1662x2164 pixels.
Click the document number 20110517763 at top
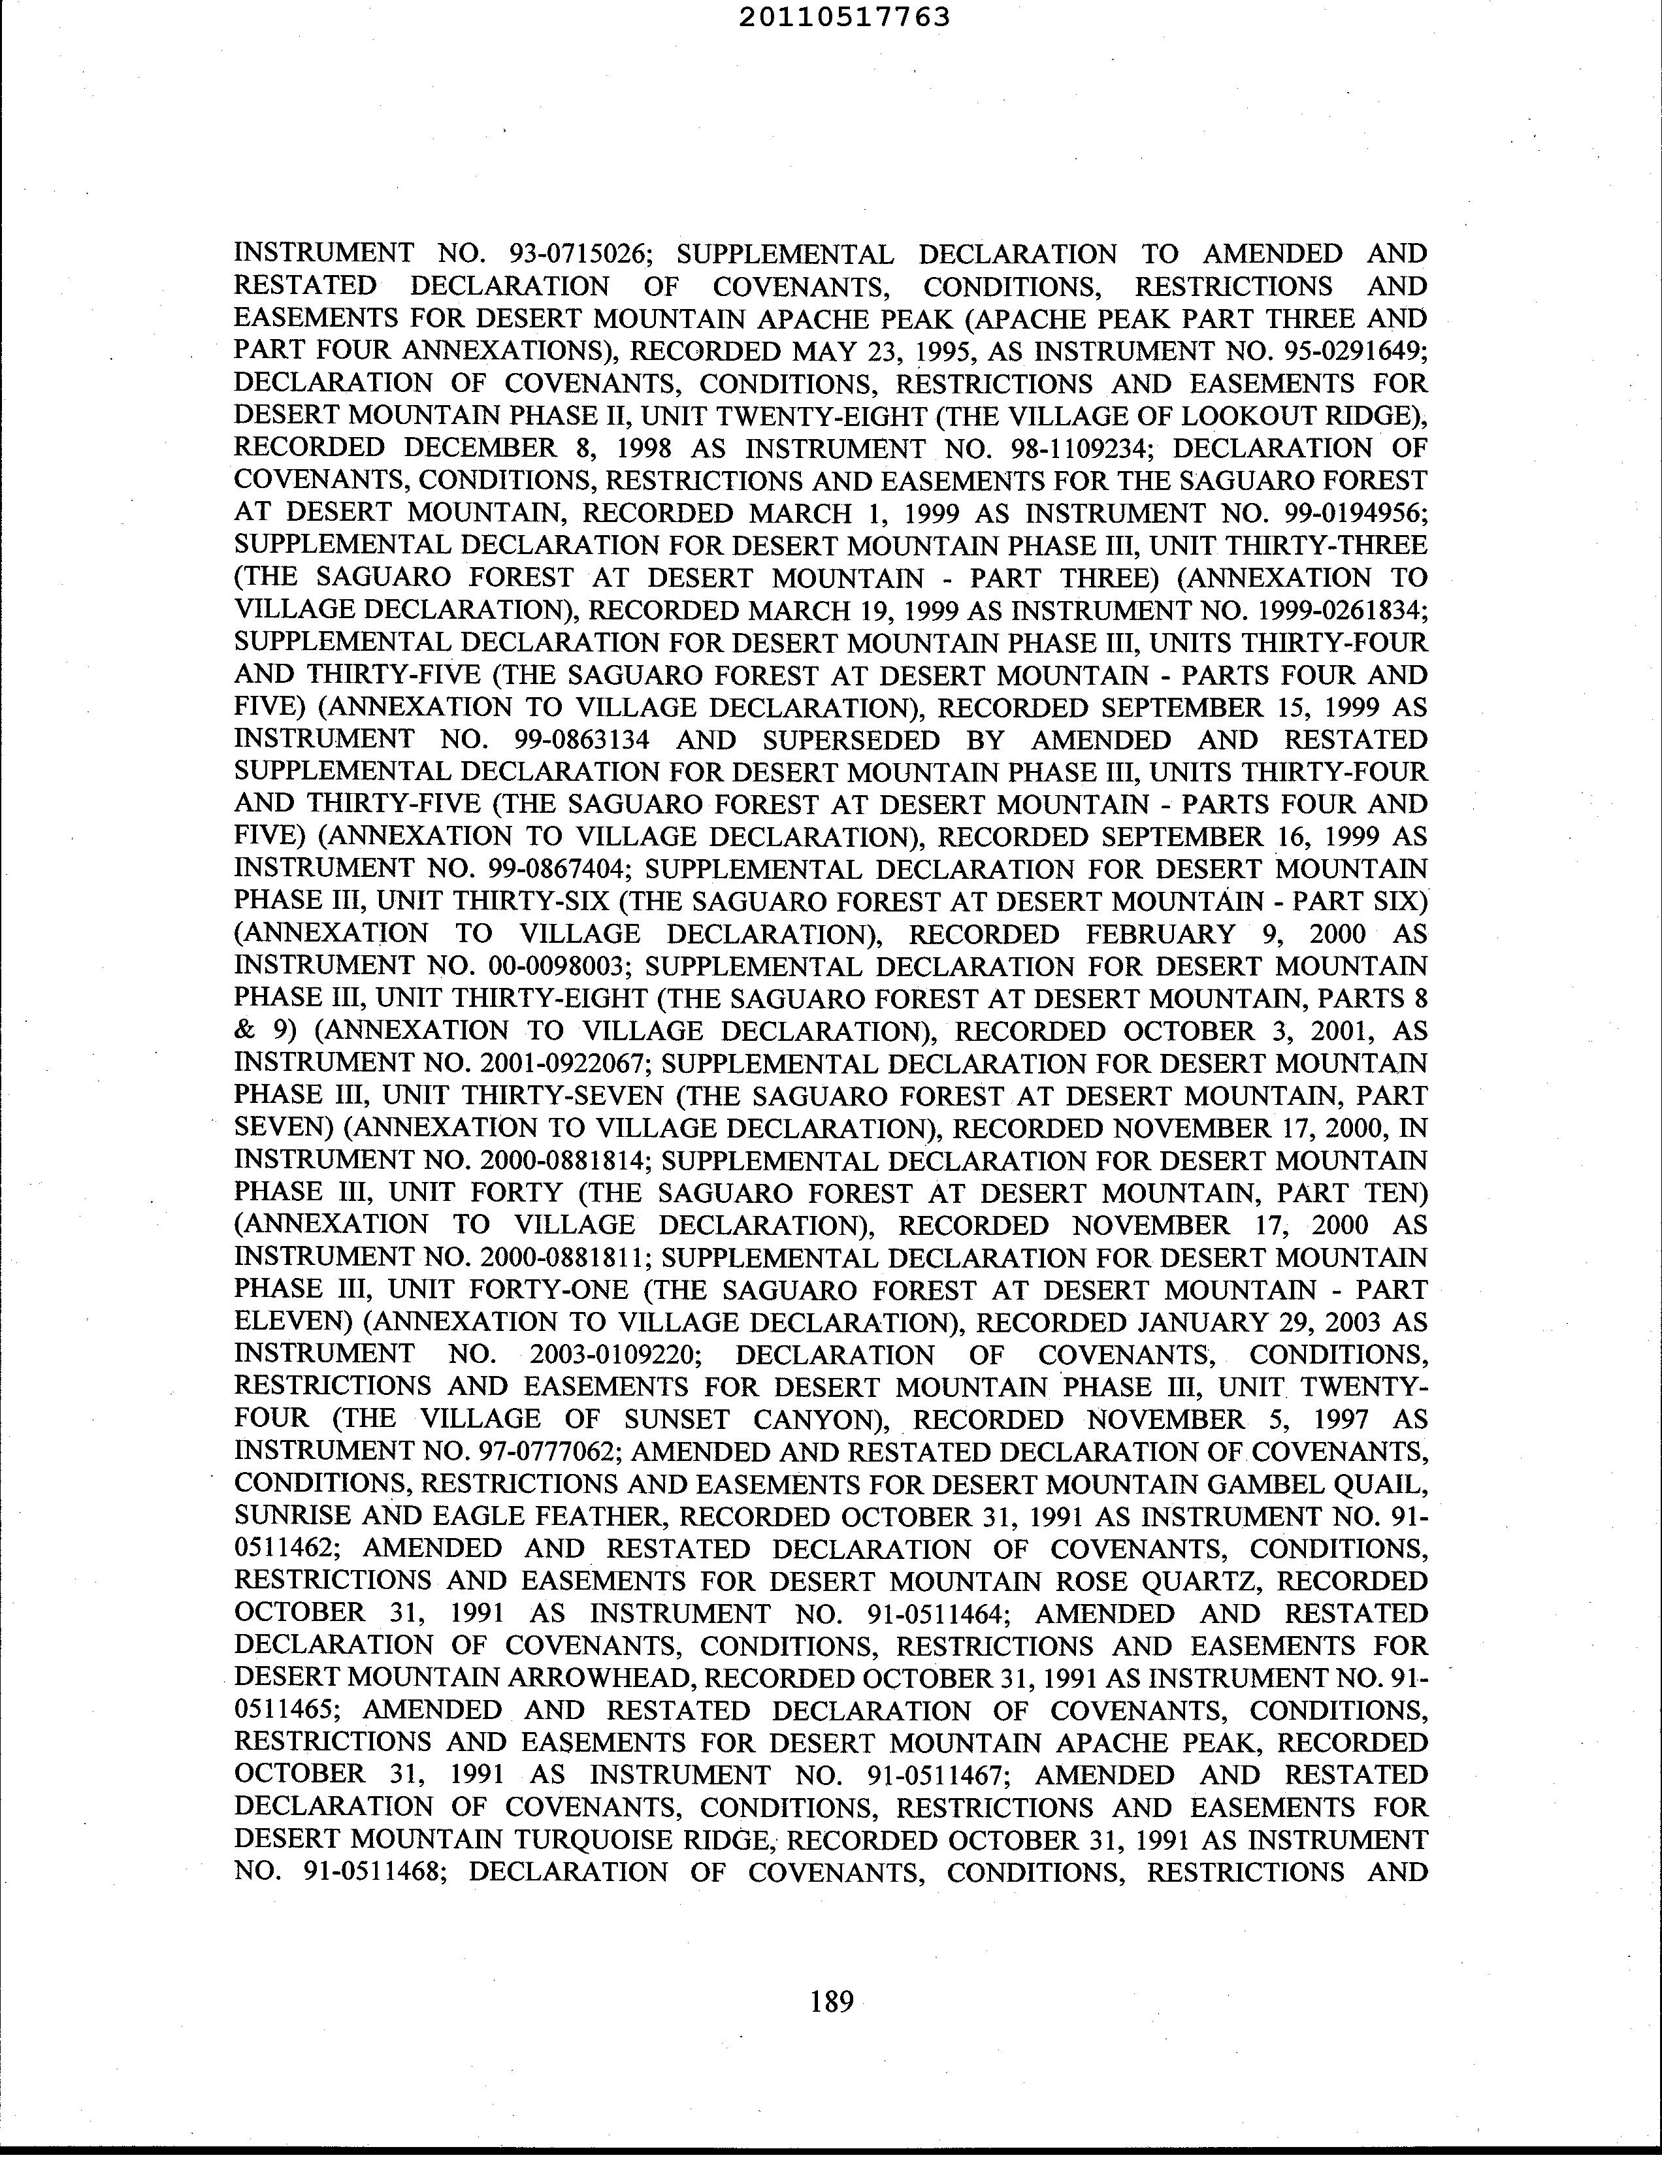(844, 17)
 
